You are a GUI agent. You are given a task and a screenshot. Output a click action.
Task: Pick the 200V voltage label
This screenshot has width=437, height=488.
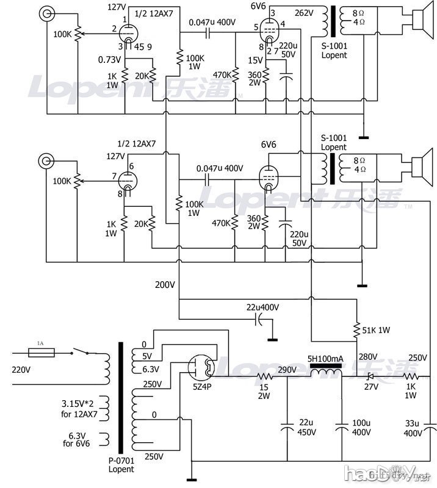coord(164,285)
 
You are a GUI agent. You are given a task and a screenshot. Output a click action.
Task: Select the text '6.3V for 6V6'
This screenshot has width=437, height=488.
coord(77,439)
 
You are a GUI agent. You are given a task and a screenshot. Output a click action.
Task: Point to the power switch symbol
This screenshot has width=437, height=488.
coord(81,352)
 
